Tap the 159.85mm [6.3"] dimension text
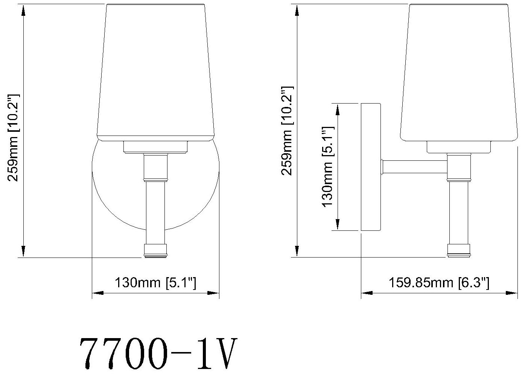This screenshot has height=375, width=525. pos(439,282)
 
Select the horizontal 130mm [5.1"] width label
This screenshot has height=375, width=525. pos(155,282)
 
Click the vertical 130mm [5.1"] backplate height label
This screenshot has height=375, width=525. pos(328,166)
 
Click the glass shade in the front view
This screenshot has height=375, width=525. pos(155,72)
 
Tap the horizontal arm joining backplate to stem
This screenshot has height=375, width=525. pos(414,167)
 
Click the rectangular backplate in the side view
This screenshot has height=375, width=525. pos(371,166)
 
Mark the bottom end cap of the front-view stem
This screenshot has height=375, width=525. pos(155,250)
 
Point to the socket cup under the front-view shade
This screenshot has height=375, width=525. pos(155,147)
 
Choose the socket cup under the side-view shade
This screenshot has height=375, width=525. pos(459,147)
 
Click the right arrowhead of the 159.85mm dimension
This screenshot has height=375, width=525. pos(512,293)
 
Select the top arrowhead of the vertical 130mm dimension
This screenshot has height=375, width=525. pos(338,110)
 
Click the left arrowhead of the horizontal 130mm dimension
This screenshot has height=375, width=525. pos(97,293)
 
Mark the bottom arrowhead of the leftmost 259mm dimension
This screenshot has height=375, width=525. pos(23,252)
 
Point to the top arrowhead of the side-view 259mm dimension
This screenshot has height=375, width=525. pos(297,10)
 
